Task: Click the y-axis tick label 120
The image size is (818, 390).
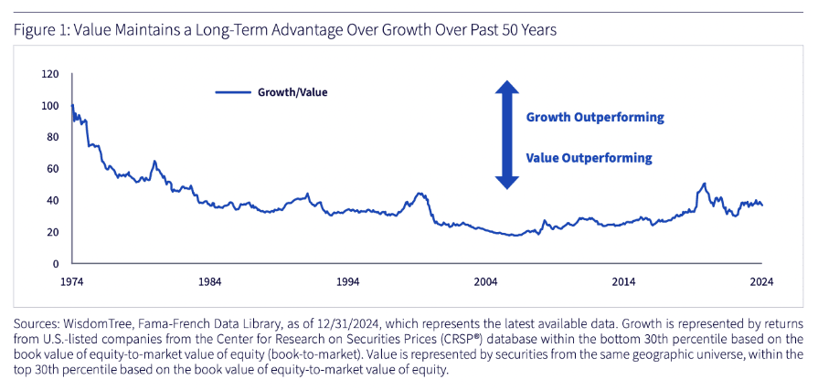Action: coord(52,74)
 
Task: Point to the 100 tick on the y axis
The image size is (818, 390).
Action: coord(52,106)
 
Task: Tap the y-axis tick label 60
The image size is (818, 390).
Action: coord(54,169)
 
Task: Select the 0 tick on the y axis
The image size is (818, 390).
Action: coord(57,264)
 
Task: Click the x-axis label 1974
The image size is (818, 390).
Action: coord(71,282)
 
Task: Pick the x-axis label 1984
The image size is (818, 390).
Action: coord(209,282)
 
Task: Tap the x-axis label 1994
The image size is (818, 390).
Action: coord(348,282)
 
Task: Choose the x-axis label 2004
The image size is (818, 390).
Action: coord(485,282)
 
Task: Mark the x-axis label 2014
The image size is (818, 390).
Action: coord(624,282)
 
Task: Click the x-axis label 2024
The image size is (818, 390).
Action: coord(761,282)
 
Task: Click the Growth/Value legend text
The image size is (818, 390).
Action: coord(292,93)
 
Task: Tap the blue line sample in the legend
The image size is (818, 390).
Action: coord(233,93)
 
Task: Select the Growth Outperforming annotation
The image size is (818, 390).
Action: coord(595,117)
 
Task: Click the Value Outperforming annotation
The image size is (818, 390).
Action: coord(589,157)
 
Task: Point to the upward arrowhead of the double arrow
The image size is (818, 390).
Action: coord(506,87)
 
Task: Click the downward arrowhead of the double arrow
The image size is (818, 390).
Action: coord(506,183)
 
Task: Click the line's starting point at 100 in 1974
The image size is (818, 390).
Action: coord(72,105)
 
